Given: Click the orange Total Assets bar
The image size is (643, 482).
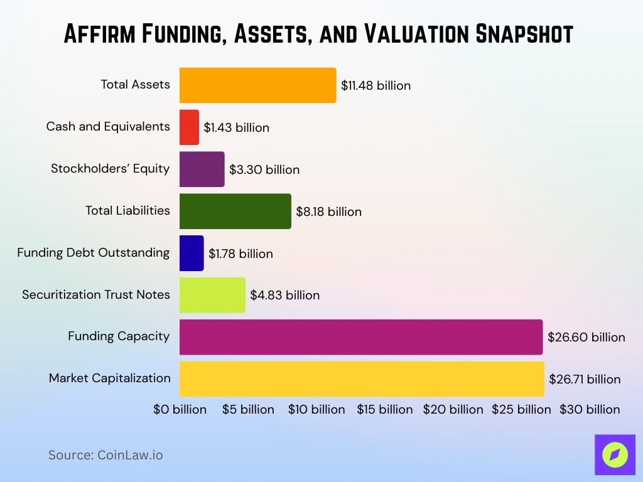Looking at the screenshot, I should coord(257,85).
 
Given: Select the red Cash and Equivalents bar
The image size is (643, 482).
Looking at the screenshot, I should coord(189,127).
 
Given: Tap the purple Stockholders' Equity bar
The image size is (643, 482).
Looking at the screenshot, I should coord(202,169).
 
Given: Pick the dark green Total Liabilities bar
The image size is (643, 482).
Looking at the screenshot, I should coord(235,212).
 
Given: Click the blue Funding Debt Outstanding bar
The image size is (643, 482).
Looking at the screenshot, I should coord(192,253).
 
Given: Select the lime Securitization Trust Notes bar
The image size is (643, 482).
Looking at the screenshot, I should coord(212,295).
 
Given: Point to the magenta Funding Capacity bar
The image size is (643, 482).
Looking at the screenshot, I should coord(361,337).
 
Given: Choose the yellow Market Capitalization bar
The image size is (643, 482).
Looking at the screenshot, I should coord(362,379).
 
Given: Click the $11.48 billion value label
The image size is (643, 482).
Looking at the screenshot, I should coord(376,85).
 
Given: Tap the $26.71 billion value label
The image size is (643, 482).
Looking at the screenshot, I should coord(585,379).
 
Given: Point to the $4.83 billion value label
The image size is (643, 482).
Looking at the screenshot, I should coord(284,295).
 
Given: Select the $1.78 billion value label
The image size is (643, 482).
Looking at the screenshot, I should coord(240,254).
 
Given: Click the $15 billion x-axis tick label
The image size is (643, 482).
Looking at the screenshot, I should coord(385,409).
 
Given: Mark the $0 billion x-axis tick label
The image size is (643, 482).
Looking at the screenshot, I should coord(180,409).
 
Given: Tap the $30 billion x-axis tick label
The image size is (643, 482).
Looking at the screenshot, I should coord(590,409).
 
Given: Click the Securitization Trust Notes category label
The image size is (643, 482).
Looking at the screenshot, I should coord(96,294).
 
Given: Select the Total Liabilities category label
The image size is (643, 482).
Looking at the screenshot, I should coord(127,210).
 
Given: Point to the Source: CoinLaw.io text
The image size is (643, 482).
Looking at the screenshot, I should coord(105,455).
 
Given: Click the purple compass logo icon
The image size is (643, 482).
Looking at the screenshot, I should coord(615,454).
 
